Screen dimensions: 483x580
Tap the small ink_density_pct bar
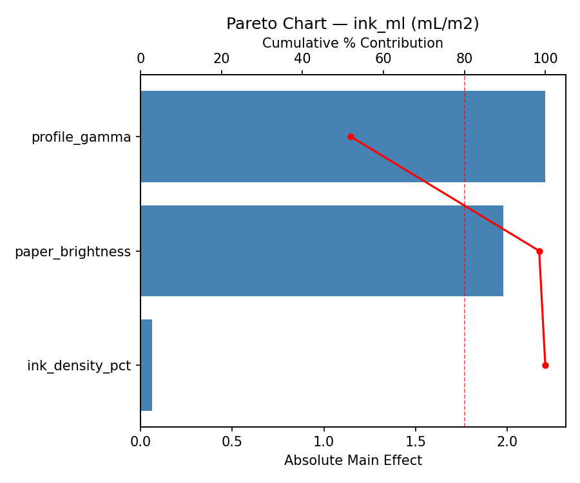pos(146,365)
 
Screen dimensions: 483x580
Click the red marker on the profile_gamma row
pos(351,137)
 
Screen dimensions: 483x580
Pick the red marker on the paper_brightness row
pos(539,251)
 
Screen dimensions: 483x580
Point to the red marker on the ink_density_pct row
pos(545,365)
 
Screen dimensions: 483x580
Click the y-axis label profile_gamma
pos(81,137)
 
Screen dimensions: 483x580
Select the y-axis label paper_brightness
pos(73,252)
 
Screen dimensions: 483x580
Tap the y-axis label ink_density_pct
pos(79,366)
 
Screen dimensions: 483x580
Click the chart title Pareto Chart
pos(353,24)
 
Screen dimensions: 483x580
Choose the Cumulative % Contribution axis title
pos(353,43)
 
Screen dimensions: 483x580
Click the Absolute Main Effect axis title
pos(353,460)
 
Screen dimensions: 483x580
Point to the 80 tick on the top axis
pos(464,59)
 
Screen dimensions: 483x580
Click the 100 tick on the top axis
pos(545,59)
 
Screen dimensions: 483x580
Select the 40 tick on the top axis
pos(302,59)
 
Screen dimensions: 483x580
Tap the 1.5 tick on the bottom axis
pos(416,442)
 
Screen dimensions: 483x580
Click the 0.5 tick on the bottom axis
pos(232,442)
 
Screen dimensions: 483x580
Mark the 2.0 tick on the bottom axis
pos(507,442)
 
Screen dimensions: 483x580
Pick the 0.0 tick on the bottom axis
pos(140,442)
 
